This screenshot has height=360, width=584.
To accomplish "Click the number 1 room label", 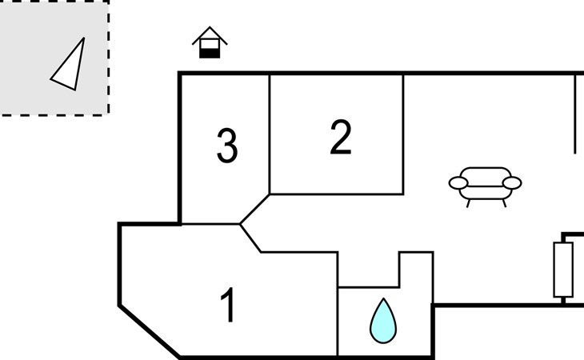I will coord(228,306).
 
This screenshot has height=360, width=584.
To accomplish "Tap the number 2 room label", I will coord(341,138).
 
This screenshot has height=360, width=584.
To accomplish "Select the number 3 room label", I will coord(227,146).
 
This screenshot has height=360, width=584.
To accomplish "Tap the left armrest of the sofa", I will coord(458,184).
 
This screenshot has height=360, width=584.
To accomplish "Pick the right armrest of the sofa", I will coord(512,183).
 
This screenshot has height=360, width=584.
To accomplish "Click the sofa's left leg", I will coord(468,202).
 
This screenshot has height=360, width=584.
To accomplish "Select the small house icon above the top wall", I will coord(210,43).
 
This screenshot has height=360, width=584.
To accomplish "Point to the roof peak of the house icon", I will coord(210,30).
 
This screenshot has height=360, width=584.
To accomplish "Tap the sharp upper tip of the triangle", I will coord(82,39).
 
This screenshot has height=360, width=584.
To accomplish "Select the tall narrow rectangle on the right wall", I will coord(562,270).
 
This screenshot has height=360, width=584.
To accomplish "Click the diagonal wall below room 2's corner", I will coord(255,208).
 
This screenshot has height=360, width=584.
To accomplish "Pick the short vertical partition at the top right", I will coord(575,113).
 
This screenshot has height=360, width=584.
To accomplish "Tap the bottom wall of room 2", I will coord(336,194).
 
